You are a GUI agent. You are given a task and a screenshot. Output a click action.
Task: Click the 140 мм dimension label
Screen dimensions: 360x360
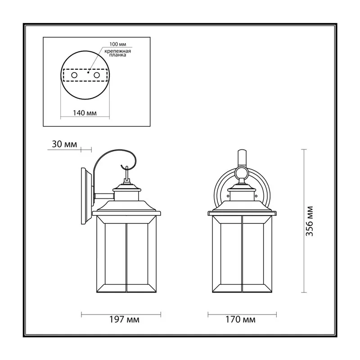[85, 113]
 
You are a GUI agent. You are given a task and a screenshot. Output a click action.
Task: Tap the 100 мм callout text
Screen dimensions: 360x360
[118, 44]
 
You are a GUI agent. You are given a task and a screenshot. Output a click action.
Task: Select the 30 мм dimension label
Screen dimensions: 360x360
[64, 144]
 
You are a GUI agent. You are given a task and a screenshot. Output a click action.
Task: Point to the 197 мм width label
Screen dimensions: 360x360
[124, 319]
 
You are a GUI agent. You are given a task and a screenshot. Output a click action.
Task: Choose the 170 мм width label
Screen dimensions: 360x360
[240, 319]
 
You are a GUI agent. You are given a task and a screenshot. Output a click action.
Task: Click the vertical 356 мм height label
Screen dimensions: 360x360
[310, 221]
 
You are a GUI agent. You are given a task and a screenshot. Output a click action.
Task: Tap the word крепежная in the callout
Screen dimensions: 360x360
[117, 51]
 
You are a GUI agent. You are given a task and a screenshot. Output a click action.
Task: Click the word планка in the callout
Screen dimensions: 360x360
[117, 55]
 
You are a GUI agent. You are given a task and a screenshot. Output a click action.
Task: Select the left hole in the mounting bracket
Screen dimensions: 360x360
[74, 75]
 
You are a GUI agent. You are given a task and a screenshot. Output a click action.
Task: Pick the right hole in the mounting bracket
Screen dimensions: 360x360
[97, 75]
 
